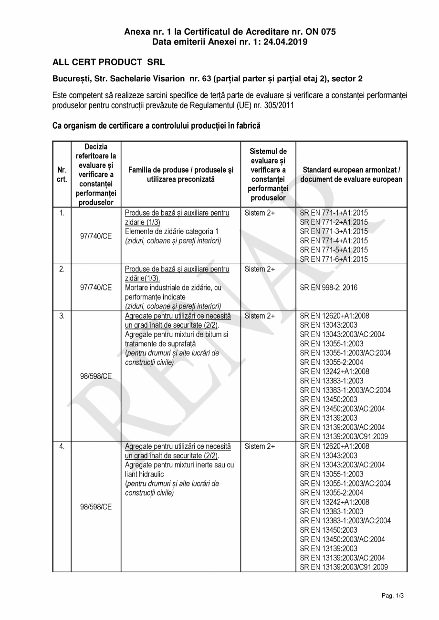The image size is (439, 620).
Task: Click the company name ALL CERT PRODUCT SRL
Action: [x=108, y=62]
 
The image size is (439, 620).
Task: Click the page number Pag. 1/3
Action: [x=393, y=596]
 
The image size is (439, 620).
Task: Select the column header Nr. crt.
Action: [x=62, y=175]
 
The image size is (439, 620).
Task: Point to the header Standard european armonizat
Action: [x=351, y=170]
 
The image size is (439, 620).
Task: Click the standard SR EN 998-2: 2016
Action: [x=328, y=288]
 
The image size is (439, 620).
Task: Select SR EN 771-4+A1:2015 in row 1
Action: [x=334, y=240]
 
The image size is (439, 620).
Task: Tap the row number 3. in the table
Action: [x=62, y=316]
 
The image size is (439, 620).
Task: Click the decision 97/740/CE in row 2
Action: [x=96, y=288]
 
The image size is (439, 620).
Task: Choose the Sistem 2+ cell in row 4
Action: [x=260, y=446]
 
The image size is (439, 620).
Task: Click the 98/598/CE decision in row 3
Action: [x=96, y=376]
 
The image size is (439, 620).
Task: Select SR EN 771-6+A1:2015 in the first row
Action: [x=334, y=259]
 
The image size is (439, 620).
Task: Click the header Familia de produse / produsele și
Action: [x=181, y=170]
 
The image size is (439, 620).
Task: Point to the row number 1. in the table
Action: [x=62, y=213]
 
